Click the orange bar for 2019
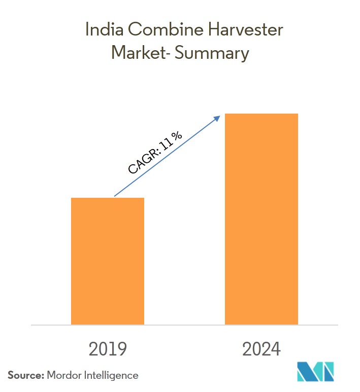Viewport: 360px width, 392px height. [x=108, y=261]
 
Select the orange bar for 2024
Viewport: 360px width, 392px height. [x=261, y=219]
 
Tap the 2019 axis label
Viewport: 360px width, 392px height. [x=108, y=349]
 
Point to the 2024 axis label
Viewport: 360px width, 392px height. [x=261, y=349]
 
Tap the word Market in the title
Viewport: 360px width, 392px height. [x=133, y=52]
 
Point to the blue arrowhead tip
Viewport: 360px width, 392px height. [x=219, y=116]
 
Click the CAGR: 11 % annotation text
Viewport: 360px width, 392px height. [x=155, y=153]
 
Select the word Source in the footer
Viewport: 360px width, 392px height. [x=25, y=375]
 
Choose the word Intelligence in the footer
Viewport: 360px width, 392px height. [x=112, y=375]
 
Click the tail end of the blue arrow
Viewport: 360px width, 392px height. [x=115, y=196]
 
